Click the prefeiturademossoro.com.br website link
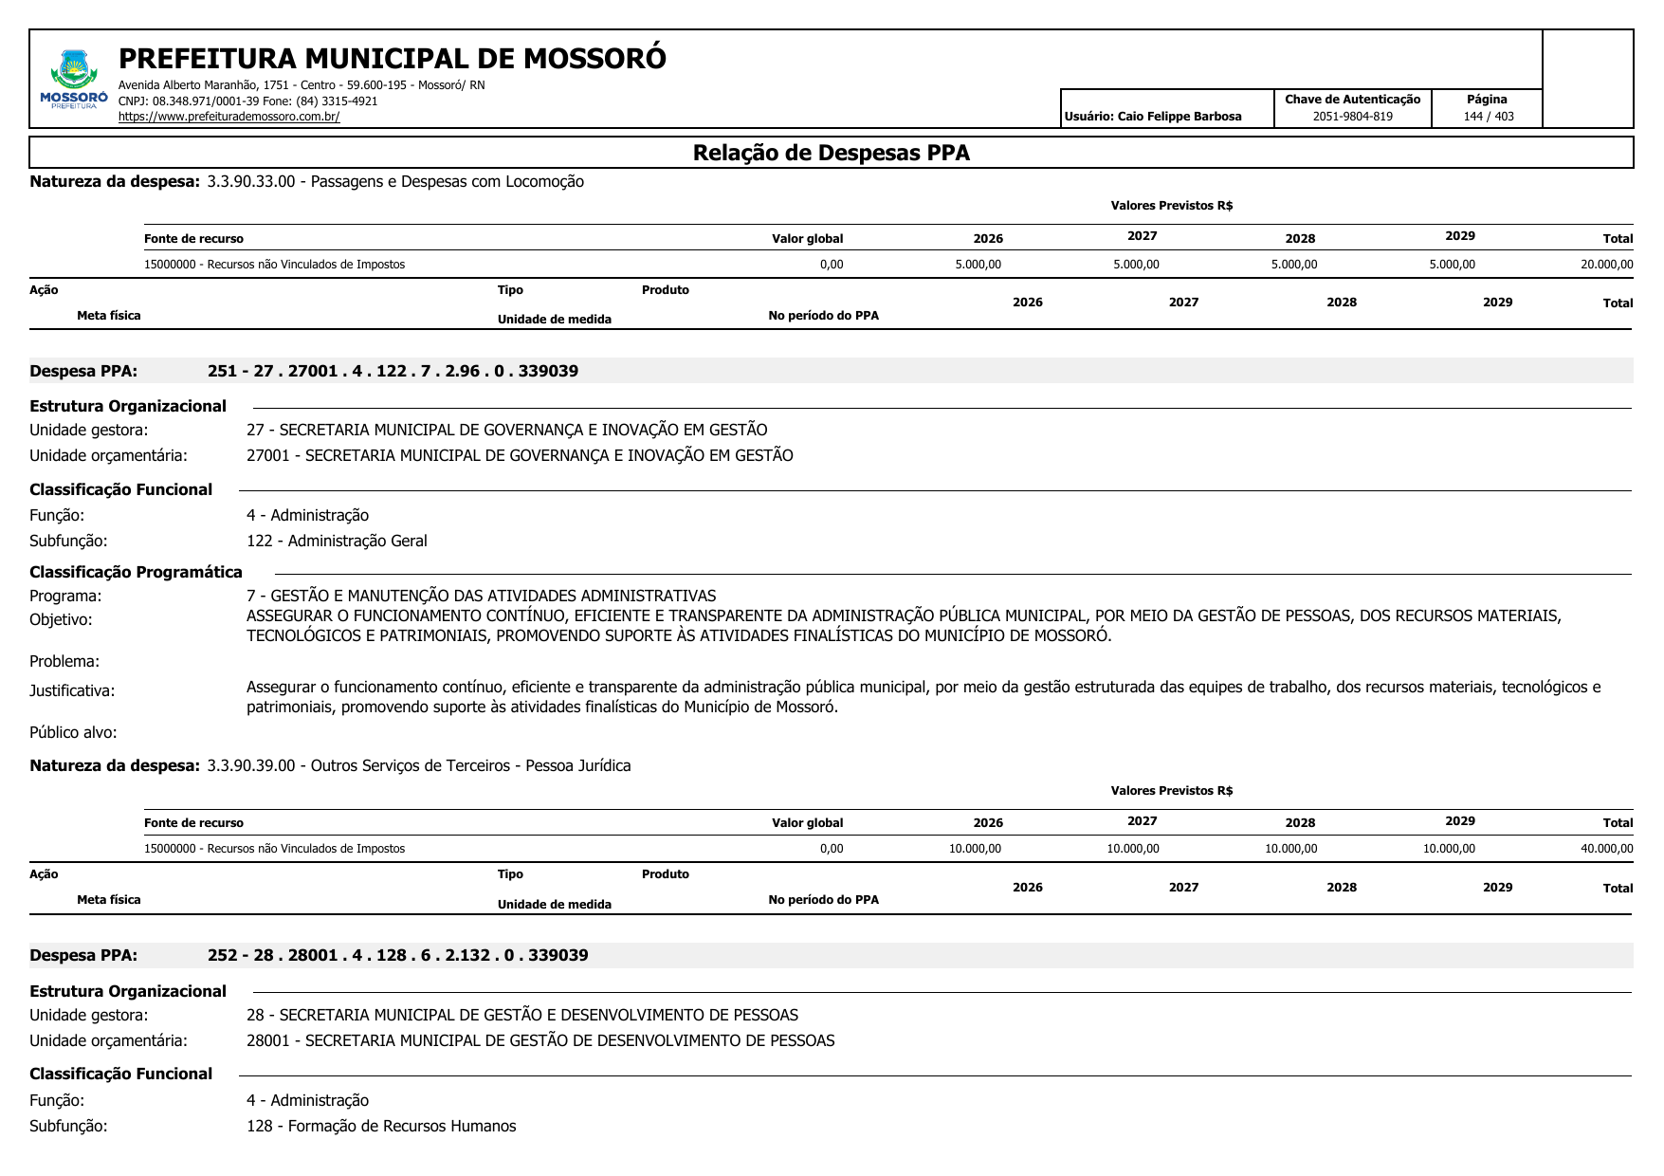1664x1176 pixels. [229, 117]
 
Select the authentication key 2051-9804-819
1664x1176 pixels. [1352, 117]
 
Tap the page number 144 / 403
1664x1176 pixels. [1488, 117]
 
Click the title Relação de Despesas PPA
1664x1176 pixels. [831, 153]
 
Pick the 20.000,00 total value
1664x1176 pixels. [1606, 265]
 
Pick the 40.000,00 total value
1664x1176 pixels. [1606, 849]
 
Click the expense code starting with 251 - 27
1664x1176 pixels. [393, 371]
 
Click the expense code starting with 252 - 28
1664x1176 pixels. [397, 955]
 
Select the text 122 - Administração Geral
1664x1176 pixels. [337, 541]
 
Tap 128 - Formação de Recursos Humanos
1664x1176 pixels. [381, 1126]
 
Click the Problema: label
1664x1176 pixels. [64, 661]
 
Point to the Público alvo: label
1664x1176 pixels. [73, 732]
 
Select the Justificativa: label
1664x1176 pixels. [72, 690]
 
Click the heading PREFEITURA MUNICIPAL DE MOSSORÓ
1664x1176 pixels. [392, 59]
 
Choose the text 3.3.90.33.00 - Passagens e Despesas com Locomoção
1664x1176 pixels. [394, 181]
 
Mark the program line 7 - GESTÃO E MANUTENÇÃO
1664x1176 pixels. [481, 596]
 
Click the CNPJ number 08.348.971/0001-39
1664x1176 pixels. [208, 101]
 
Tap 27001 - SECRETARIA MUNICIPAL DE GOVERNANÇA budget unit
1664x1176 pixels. [520, 455]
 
